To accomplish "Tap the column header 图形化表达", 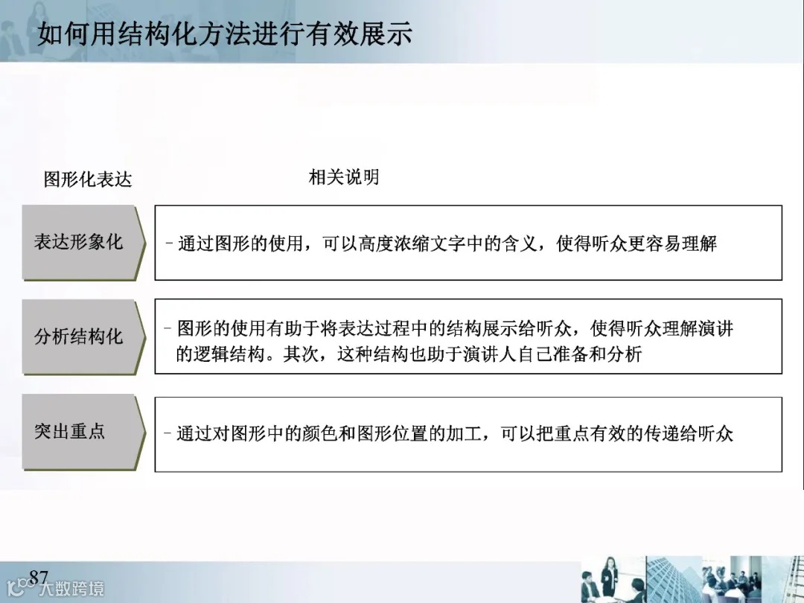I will (x=88, y=179).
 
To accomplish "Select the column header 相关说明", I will (x=343, y=177).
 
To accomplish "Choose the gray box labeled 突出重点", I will (x=71, y=431).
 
